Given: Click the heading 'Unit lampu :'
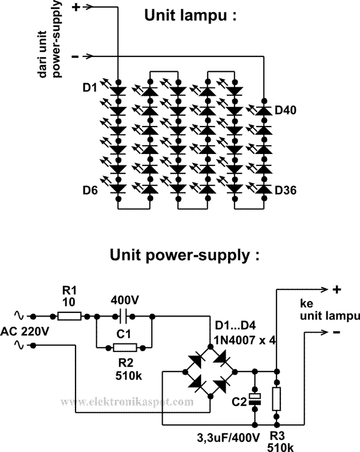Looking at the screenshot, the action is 190,16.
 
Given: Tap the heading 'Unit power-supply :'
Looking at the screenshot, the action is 185,255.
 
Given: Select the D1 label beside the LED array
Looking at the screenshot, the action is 90,88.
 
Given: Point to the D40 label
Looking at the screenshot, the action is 286,110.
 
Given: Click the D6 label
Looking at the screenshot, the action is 90,190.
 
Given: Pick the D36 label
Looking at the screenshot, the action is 286,190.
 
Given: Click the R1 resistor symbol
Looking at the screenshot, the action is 69,317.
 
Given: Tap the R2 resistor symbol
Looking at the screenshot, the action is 125,348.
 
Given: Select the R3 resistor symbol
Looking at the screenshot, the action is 277,399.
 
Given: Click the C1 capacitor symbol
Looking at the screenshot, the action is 124,317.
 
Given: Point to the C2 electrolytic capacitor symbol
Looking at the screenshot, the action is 255,399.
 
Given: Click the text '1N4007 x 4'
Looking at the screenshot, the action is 245,340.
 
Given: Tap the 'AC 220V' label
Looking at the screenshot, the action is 24,332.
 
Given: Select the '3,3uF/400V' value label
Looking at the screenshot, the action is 229,438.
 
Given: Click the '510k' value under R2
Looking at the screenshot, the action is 128,376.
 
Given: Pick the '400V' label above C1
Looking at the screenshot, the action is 125,301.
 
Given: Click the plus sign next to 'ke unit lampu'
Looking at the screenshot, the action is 337,289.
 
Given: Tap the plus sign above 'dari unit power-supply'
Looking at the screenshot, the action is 76,7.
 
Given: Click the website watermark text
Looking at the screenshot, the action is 127,402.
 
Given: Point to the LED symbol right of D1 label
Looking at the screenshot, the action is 118,91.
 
